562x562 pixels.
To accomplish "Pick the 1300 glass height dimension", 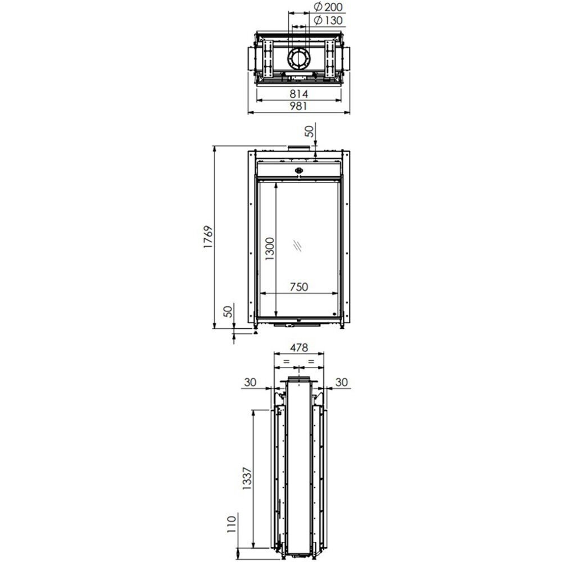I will [269, 249].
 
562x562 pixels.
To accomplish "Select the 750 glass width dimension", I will [299, 287].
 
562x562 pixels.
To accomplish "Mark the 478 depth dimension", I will [299, 348].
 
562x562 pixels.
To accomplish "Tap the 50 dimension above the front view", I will [309, 132].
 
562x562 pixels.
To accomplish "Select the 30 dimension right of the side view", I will [341, 382].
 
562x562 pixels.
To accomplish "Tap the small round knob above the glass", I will [298, 171].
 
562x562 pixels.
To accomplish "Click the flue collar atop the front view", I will [298, 148].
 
